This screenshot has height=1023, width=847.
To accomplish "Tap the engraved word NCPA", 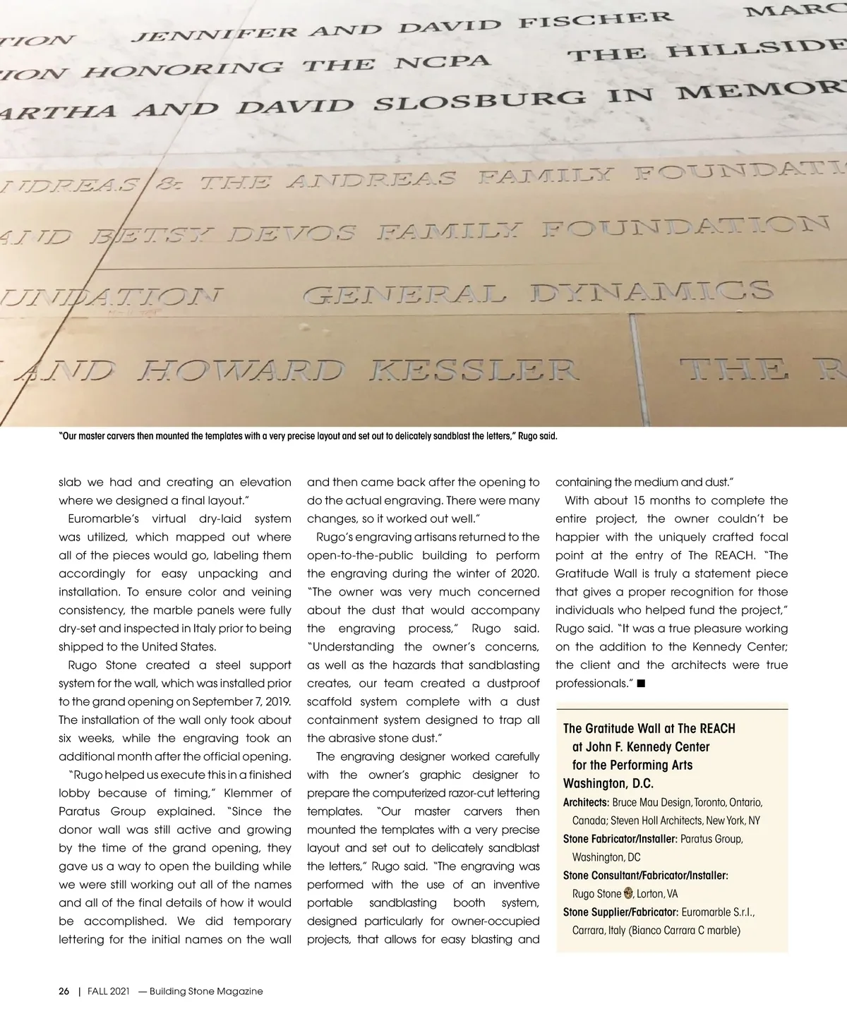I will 442,63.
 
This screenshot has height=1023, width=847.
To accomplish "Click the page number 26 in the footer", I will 64,991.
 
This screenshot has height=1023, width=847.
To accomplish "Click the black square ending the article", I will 640,683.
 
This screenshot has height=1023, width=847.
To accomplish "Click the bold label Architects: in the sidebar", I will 586,802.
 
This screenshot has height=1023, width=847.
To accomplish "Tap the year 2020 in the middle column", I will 524,574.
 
